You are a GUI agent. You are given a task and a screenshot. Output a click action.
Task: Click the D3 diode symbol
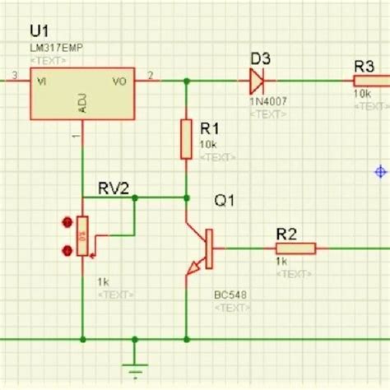[x=256, y=81]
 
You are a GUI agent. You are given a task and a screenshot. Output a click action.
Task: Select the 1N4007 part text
[x=262, y=100]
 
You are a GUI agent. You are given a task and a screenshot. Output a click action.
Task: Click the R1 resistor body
[x=187, y=141]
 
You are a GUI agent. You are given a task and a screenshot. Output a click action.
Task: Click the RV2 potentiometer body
[x=82, y=236]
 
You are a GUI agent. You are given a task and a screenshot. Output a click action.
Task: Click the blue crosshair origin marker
[x=380, y=172]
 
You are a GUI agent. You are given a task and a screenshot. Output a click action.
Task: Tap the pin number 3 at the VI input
[x=14, y=76]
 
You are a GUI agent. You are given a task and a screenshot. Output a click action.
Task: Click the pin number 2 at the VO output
[x=150, y=76]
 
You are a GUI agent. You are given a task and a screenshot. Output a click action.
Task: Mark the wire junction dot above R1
[x=187, y=81]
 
